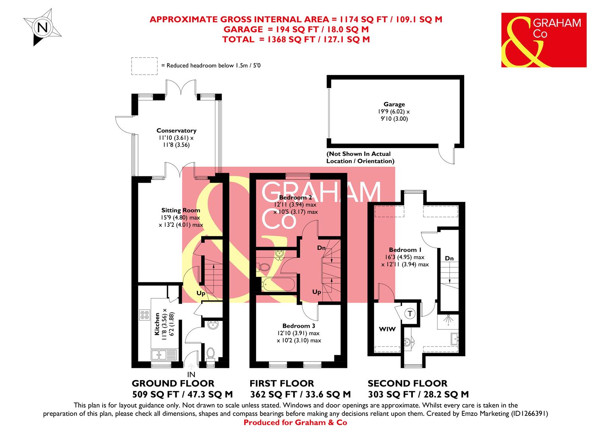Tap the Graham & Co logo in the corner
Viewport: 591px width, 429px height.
pos(543,40)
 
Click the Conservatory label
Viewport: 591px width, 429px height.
pos(176,130)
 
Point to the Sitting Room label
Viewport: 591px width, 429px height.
pos(181,210)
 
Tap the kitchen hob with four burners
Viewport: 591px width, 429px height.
pos(144,315)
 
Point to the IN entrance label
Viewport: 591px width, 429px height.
pos(191,374)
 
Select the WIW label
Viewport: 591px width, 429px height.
pos(387,329)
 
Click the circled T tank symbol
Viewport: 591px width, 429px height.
pos(410,314)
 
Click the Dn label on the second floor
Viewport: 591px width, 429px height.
pos(449,258)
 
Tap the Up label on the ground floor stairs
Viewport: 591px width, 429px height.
pos(201,293)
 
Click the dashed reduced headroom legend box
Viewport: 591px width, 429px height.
pos(144,66)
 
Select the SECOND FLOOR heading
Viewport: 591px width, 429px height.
pos(407,383)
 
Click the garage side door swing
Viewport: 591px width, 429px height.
pos(446,156)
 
